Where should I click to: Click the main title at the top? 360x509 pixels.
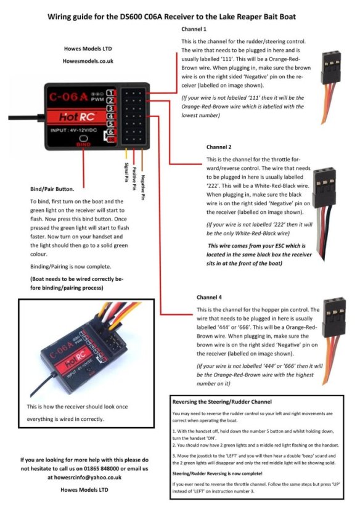[x=180, y=17]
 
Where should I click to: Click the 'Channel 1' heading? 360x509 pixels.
[x=194, y=29]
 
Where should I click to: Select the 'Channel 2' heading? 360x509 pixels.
[x=219, y=147]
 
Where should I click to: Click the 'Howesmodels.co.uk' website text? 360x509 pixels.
[x=88, y=61]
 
